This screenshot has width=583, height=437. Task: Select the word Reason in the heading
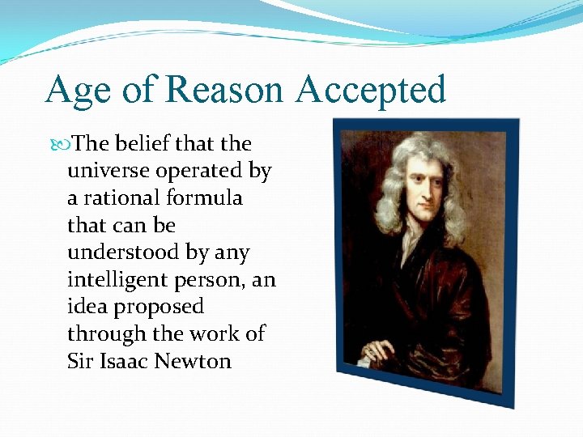[226, 89]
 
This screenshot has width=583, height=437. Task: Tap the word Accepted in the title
[370, 91]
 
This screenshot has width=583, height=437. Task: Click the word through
[104, 334]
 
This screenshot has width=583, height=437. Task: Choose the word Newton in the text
[195, 361]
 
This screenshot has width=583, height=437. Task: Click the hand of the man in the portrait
[378, 350]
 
